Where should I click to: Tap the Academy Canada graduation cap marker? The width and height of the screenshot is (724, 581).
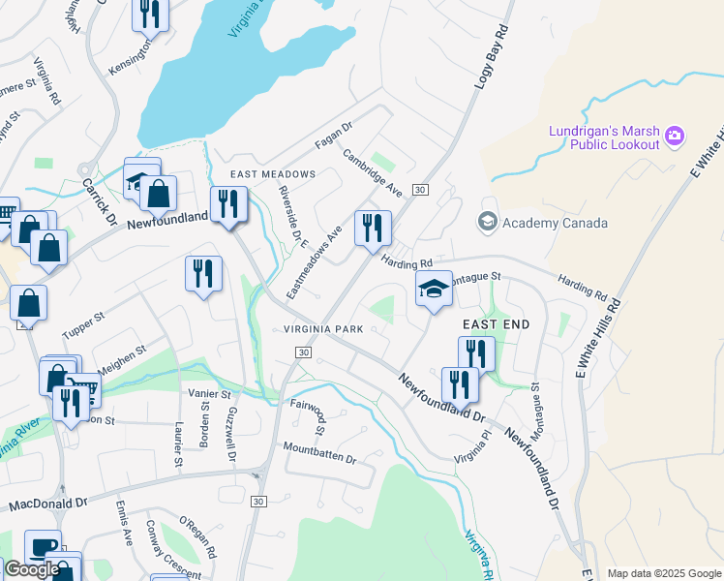click(487, 223)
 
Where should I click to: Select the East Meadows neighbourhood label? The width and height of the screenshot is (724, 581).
click(273, 174)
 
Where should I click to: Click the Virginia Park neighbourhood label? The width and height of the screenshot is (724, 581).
click(323, 329)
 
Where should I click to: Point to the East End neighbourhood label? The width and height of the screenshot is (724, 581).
click(496, 323)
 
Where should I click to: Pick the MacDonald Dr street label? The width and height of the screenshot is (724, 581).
click(48, 504)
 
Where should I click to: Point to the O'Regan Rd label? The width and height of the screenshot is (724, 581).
click(197, 539)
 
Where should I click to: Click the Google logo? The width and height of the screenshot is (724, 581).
click(32, 569)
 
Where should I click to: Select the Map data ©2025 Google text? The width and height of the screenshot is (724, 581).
click(664, 573)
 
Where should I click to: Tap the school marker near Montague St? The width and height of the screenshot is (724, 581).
click(434, 289)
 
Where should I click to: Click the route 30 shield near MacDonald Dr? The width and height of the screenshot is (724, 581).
click(257, 501)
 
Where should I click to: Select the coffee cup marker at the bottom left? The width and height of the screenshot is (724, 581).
click(43, 546)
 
